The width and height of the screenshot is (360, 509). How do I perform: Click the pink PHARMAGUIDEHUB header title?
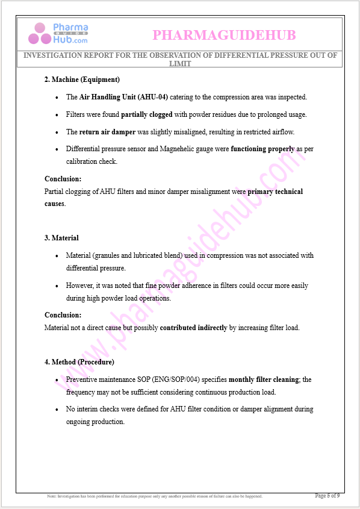pyautogui.click(x=224, y=36)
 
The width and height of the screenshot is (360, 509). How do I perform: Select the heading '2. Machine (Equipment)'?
pyautogui.click(x=82, y=80)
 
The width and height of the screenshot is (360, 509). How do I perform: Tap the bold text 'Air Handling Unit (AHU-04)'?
pyautogui.click(x=123, y=97)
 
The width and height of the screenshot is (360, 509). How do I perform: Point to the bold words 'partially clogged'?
pyautogui.click(x=146, y=114)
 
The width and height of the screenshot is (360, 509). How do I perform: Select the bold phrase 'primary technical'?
pyautogui.click(x=275, y=192)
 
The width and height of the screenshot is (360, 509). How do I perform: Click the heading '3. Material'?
pyautogui.click(x=61, y=238)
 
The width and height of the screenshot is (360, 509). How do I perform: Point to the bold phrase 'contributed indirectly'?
pyautogui.click(x=193, y=328)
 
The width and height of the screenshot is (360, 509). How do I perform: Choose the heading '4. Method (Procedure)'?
pyautogui.click(x=79, y=362)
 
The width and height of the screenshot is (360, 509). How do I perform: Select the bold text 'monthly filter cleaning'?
pyautogui.click(x=264, y=379)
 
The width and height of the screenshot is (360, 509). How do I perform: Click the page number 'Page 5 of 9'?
pyautogui.click(x=327, y=496)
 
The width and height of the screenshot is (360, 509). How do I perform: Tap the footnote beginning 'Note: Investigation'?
pyautogui.click(x=155, y=496)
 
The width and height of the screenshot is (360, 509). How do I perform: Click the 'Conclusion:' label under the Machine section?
pyautogui.click(x=63, y=179)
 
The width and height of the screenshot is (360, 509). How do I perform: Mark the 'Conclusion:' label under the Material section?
pyautogui.click(x=63, y=315)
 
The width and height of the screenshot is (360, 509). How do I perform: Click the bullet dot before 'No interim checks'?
pyautogui.click(x=57, y=410)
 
